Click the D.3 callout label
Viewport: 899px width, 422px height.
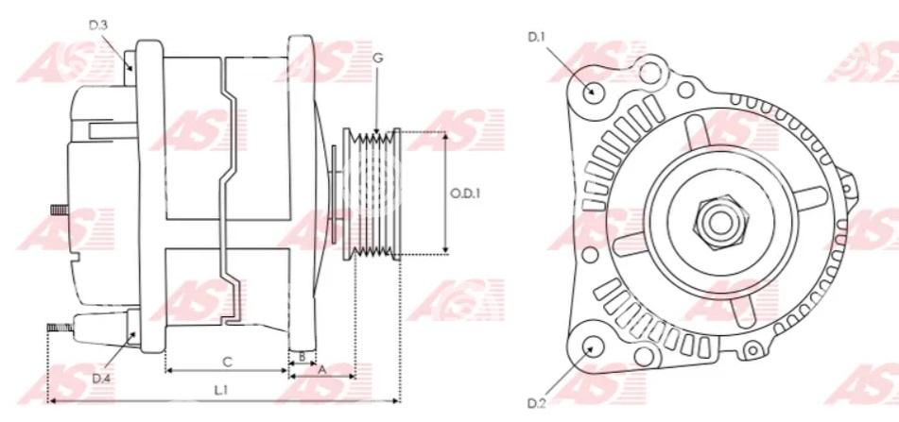point(98,25)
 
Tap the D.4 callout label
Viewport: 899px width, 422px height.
point(101,378)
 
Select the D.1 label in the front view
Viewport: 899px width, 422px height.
point(537,37)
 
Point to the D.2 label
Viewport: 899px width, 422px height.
point(536,404)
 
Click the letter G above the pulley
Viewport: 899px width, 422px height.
point(377,58)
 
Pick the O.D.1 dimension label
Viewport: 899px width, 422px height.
point(465,194)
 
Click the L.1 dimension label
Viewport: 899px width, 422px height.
point(221,390)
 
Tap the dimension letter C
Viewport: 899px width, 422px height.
point(228,362)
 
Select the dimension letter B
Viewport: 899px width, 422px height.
point(303,356)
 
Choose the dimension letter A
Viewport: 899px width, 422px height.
point(322,369)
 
